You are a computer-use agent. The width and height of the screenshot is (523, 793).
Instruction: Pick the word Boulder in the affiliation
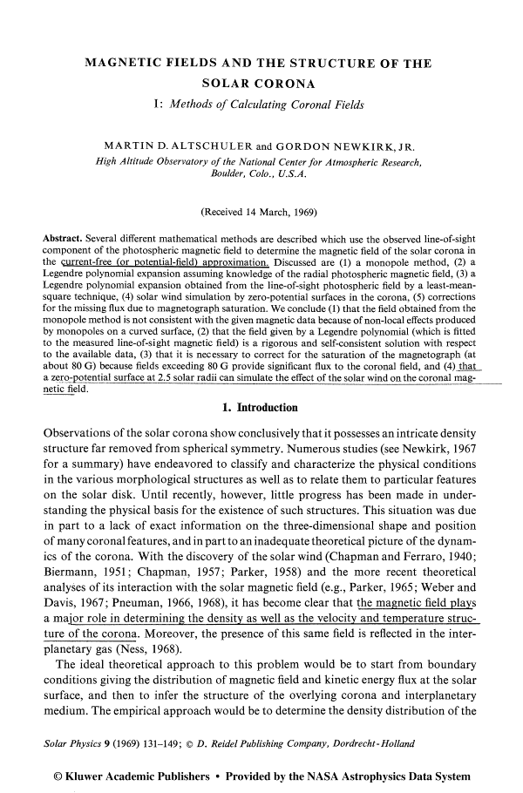228,173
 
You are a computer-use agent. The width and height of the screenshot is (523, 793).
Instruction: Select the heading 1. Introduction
261,408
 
